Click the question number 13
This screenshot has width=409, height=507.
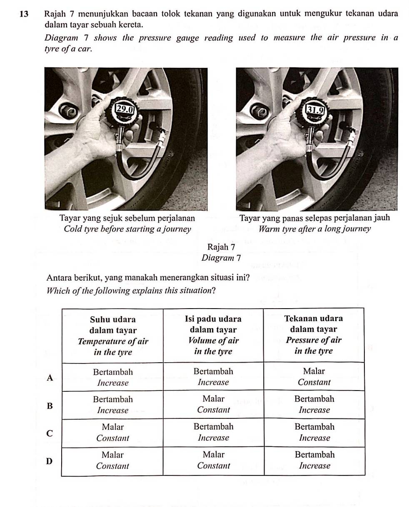click(x=24, y=14)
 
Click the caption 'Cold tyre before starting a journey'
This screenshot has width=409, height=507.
click(x=127, y=229)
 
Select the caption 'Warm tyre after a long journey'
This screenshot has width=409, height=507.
click(x=314, y=229)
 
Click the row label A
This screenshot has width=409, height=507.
click(x=50, y=377)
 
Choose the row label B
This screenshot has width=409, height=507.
click(x=50, y=406)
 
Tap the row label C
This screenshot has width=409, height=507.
click(x=50, y=433)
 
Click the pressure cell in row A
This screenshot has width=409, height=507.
click(x=314, y=376)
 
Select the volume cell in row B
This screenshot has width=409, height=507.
click(x=213, y=404)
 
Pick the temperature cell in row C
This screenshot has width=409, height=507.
click(x=112, y=432)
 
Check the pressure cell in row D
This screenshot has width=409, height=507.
click(x=314, y=460)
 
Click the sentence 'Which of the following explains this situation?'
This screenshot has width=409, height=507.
click(x=132, y=290)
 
